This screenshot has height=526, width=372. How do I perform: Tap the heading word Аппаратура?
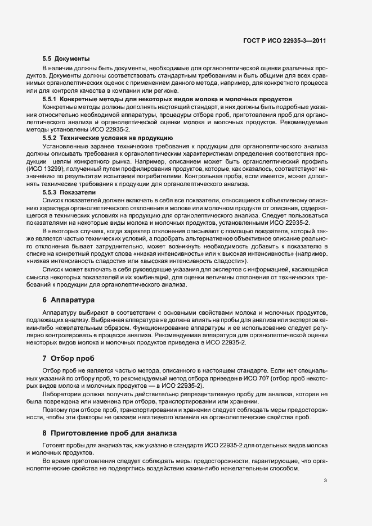[73, 300]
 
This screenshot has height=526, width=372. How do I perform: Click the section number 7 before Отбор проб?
[45, 358]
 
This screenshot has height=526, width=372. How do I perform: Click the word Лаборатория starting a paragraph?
[61, 394]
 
